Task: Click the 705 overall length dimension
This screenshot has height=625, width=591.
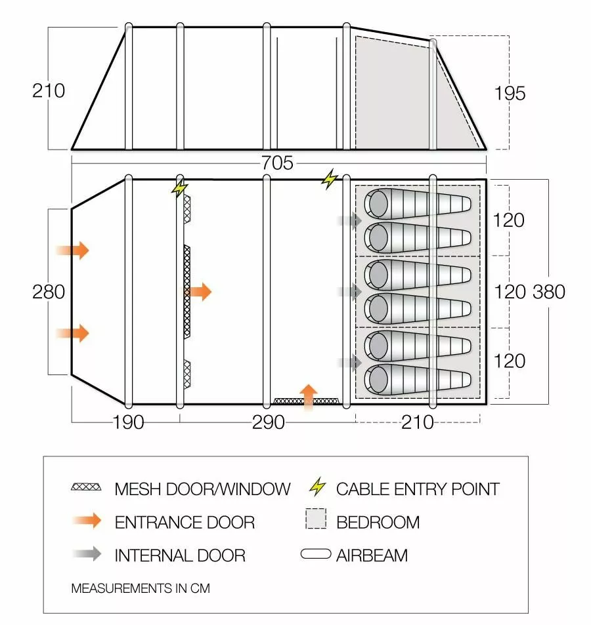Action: [x=277, y=163]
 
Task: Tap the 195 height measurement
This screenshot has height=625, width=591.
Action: [x=510, y=93]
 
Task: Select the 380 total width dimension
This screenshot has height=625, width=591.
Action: [x=549, y=291]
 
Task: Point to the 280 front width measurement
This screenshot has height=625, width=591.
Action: [x=49, y=291]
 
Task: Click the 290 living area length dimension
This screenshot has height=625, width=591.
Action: [x=269, y=422]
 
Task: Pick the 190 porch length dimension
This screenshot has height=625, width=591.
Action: [x=128, y=422]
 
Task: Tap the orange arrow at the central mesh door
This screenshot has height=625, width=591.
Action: [x=200, y=291]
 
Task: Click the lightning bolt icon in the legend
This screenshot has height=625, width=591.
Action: [x=317, y=487]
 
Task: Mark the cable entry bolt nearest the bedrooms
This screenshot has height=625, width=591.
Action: [x=329, y=178]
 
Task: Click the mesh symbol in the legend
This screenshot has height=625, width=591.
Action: [x=87, y=487]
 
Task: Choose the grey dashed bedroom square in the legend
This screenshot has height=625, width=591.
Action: [x=316, y=521]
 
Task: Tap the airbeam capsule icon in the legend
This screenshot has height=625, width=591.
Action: [x=316, y=555]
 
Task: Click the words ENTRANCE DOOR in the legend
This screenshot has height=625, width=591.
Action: [x=185, y=522]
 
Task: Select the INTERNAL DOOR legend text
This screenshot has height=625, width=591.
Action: [x=180, y=555]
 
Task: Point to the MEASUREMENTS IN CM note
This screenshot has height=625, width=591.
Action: [x=141, y=588]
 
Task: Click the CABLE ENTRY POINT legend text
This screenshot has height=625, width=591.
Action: [x=418, y=489]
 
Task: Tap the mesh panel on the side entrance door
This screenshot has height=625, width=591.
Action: [x=307, y=400]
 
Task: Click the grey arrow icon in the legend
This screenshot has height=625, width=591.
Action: [x=87, y=554]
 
